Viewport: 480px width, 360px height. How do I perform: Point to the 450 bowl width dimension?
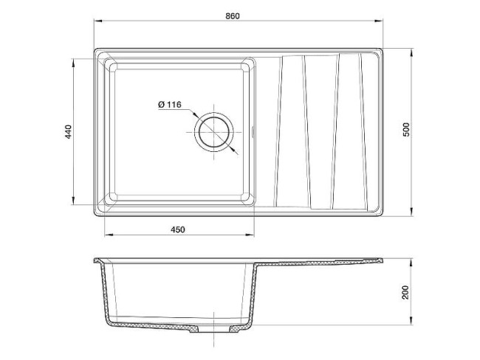click(x=177, y=229)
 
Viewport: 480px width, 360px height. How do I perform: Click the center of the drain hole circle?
click(x=215, y=134)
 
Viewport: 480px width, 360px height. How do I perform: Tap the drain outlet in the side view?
click(x=213, y=330)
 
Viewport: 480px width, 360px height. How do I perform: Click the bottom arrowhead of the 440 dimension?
click(x=73, y=204)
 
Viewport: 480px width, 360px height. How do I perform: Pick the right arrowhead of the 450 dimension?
click(x=254, y=236)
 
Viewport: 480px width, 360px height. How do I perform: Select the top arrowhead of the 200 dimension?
click(x=411, y=260)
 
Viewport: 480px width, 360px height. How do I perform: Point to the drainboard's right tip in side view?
click(x=383, y=260)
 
